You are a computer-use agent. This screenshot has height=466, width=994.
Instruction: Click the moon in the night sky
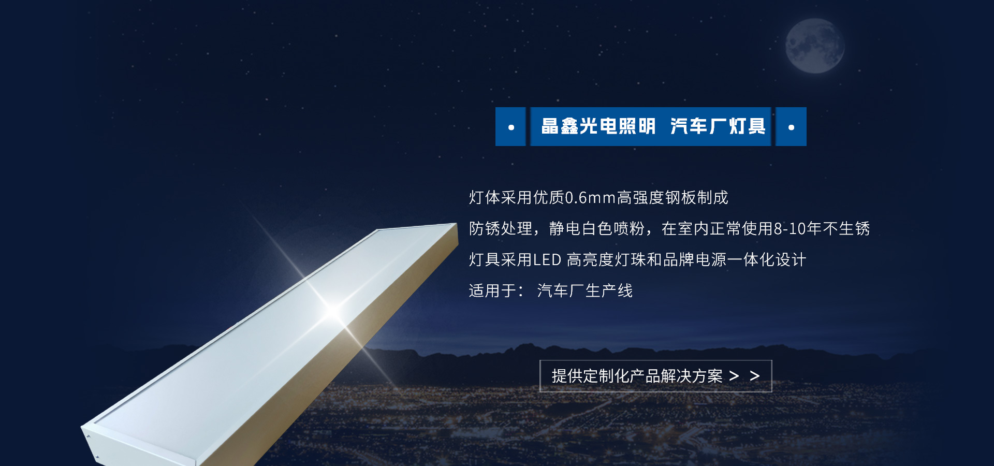815,46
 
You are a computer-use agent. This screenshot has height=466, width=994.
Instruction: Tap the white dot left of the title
511,127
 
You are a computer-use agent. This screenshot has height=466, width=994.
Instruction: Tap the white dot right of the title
791,127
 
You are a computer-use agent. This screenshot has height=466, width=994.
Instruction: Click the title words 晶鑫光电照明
598,126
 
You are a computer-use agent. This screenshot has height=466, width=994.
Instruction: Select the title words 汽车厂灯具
718,126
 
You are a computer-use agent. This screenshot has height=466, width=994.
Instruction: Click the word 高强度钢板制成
673,197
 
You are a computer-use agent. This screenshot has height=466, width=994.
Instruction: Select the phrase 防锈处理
501,228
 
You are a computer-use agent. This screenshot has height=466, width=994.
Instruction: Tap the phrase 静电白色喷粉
597,228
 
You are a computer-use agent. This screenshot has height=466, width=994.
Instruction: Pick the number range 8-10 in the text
790,229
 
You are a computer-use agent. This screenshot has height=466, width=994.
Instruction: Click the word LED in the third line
547,260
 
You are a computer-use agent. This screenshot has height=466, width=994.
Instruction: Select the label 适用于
492,290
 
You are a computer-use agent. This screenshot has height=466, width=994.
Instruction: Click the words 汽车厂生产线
585,290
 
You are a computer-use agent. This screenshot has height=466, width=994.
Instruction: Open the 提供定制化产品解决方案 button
655,376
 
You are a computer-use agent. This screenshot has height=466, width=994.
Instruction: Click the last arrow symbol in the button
755,376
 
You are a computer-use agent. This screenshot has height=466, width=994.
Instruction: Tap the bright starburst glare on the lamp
333,310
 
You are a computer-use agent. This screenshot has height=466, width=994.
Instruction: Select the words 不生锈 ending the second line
846,228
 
